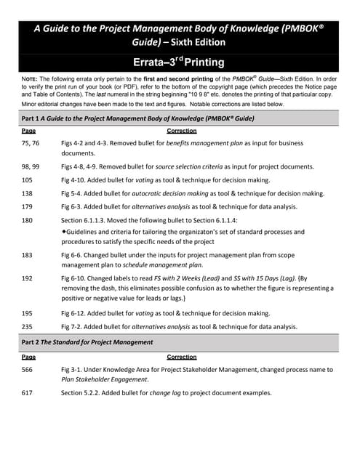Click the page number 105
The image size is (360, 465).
coord(28,180)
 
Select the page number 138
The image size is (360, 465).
coord(28,194)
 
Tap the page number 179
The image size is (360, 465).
coord(28,207)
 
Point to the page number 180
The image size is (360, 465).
coord(28,221)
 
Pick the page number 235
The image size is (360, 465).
coord(28,326)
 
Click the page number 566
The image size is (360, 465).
coord(28,370)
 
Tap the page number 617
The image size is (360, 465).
coord(28,393)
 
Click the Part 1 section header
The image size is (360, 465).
coord(137,118)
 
